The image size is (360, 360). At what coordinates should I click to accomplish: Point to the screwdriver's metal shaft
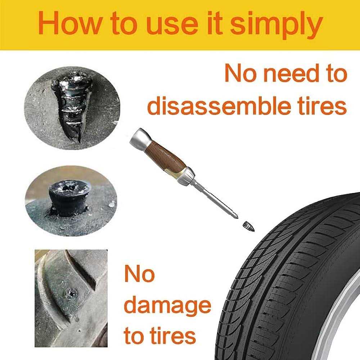click(209, 198)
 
